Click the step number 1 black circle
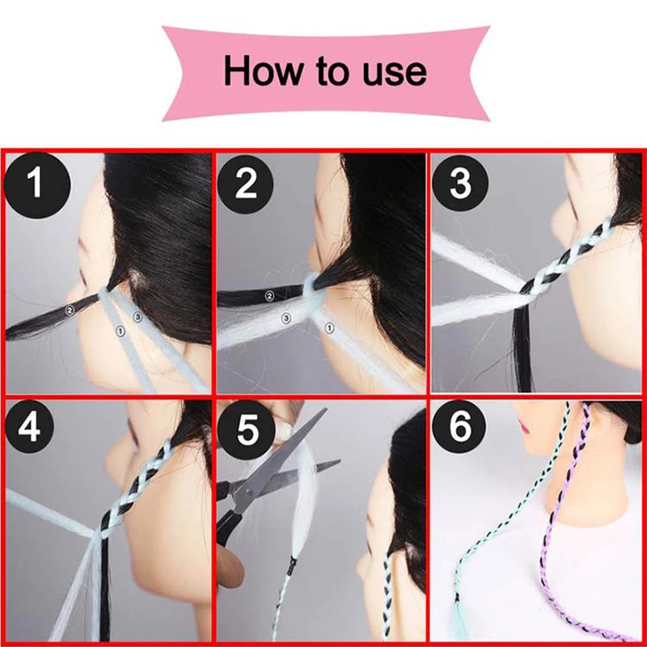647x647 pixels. [x=37, y=185]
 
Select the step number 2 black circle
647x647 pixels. [x=246, y=184]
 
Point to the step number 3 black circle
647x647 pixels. [x=460, y=182]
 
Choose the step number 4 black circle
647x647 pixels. [x=29, y=426]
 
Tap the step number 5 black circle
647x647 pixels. [x=247, y=429]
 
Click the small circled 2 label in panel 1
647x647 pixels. [x=70, y=310]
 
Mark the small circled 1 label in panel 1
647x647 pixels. [x=121, y=331]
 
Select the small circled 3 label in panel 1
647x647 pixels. [x=137, y=316]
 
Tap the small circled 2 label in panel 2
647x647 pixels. [x=269, y=295]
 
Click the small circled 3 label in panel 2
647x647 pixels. [x=286, y=318]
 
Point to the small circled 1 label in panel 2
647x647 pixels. [x=329, y=328]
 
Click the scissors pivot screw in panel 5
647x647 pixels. [x=248, y=491]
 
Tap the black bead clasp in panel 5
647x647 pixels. [x=294, y=562]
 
